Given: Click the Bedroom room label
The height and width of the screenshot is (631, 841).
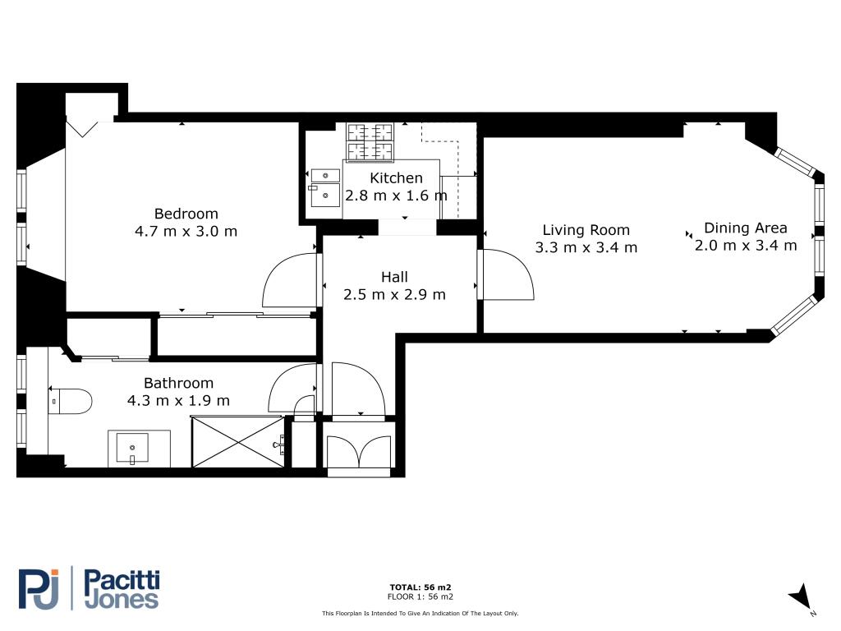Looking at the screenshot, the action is pyautogui.click(x=186, y=214).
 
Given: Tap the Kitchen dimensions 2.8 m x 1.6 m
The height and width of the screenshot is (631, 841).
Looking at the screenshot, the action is pyautogui.click(x=396, y=196).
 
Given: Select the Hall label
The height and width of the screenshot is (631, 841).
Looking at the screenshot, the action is pyautogui.click(x=394, y=277).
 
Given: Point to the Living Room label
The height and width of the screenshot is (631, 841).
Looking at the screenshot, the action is pyautogui.click(x=586, y=230).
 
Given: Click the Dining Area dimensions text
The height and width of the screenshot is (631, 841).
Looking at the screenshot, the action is pyautogui.click(x=746, y=246).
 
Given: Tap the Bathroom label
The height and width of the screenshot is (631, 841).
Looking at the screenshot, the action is pyautogui.click(x=178, y=383).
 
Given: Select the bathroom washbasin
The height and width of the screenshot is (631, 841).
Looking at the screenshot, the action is pyautogui.click(x=132, y=448).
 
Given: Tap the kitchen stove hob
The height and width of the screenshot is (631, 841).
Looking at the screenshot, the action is pyautogui.click(x=370, y=142).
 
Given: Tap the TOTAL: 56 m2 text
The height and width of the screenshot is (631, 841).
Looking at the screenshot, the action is pyautogui.click(x=420, y=587).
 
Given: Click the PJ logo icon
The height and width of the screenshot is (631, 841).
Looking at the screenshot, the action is pyautogui.click(x=39, y=588).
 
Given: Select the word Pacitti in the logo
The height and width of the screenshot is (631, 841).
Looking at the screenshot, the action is pyautogui.click(x=122, y=580).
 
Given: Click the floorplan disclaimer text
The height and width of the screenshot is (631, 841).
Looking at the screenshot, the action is pyautogui.click(x=420, y=613).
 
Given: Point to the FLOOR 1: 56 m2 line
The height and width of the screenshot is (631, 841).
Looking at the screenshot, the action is pyautogui.click(x=420, y=596).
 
